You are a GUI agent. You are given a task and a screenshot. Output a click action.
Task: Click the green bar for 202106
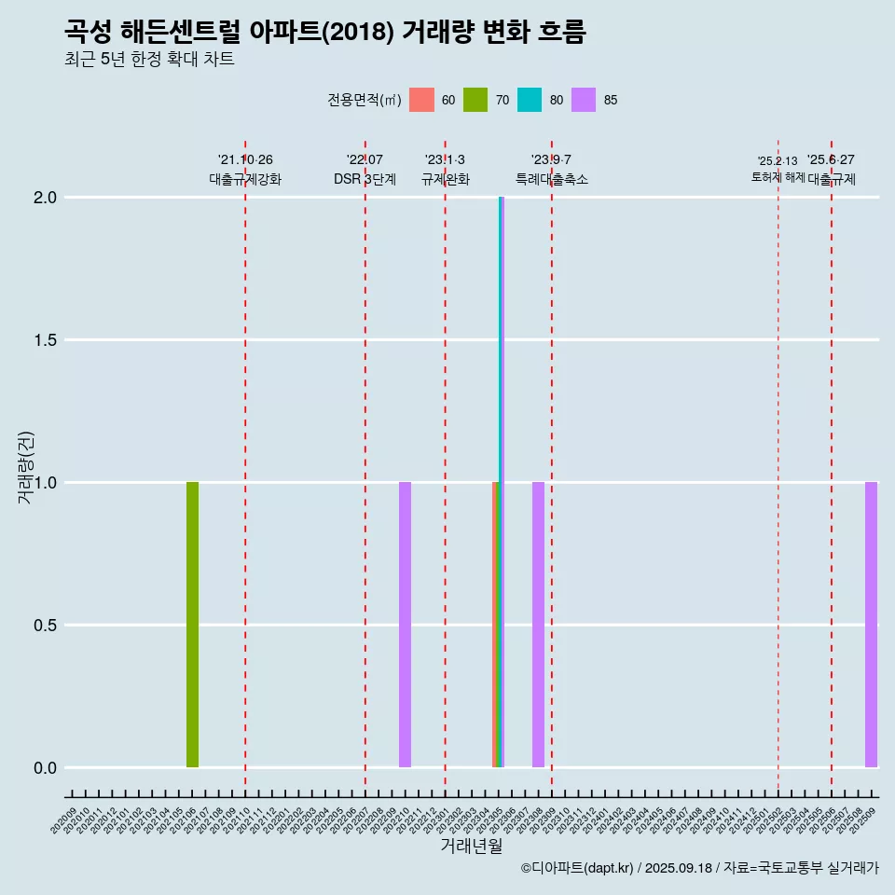point(192,625)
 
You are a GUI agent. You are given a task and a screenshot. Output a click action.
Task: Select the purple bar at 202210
point(405,625)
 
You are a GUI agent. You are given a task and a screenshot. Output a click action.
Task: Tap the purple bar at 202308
point(538,625)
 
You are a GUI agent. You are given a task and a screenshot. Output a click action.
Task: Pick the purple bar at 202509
point(871,625)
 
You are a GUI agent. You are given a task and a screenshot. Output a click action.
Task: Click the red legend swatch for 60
point(422,100)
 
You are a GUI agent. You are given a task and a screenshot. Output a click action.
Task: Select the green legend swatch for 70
point(475,100)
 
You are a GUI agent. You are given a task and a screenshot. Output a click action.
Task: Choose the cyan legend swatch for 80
point(530,100)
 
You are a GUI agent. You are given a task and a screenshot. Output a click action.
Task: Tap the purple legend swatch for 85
point(584,100)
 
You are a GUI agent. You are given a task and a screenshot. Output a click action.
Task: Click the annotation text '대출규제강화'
point(245,179)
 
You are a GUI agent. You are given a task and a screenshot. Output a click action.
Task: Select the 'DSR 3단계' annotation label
point(365,179)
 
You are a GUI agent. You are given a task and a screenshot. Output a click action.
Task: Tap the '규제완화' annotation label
point(445,179)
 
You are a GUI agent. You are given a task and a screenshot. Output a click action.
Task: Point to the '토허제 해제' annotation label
point(778,177)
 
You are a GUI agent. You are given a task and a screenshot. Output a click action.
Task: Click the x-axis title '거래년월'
point(471,847)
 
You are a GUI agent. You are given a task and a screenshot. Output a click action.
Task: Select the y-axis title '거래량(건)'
point(26,468)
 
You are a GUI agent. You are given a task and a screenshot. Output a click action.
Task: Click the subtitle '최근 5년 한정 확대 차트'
point(149,60)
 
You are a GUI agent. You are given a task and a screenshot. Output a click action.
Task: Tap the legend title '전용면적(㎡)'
point(365,100)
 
